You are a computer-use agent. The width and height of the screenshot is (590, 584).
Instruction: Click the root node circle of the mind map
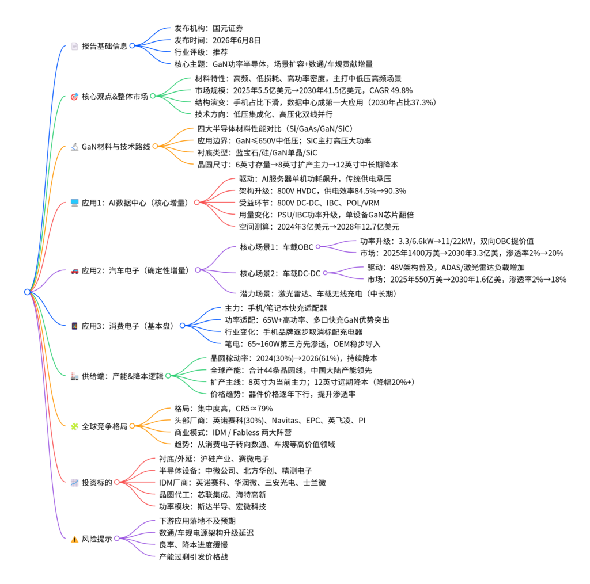27,292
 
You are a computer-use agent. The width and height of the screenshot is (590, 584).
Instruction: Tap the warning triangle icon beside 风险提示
74,539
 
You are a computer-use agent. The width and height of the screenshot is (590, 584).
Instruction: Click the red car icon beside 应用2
74,270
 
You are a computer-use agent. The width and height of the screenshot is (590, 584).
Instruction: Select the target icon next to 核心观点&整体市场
74,96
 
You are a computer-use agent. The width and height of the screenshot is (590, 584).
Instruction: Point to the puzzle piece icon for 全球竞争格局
74,426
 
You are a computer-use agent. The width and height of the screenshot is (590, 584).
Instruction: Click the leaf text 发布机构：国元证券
209,28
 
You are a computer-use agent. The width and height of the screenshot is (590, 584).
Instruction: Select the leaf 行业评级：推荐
201,52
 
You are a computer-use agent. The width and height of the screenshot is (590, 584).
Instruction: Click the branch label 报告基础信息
104,46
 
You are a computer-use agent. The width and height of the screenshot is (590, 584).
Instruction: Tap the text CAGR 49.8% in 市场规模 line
391,90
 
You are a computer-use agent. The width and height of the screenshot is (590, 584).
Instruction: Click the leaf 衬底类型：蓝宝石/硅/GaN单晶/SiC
257,152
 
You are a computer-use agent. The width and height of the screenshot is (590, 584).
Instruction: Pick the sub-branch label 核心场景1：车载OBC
277,247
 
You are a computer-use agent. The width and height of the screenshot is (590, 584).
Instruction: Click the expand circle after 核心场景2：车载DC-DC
325,273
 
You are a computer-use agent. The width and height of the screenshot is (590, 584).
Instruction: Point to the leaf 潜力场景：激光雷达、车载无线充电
318,293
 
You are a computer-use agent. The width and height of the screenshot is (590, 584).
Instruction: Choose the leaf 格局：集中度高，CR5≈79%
224,409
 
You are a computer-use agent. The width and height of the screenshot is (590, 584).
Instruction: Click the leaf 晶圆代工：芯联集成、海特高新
212,494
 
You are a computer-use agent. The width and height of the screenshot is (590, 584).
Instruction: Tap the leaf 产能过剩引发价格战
194,556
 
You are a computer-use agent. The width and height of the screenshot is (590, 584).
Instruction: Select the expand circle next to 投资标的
116,482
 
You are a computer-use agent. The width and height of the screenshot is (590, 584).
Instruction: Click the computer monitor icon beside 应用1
74,203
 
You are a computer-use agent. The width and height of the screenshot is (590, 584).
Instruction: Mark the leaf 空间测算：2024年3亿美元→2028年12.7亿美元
319,227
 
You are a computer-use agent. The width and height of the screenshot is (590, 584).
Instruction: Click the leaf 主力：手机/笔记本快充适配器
276,308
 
